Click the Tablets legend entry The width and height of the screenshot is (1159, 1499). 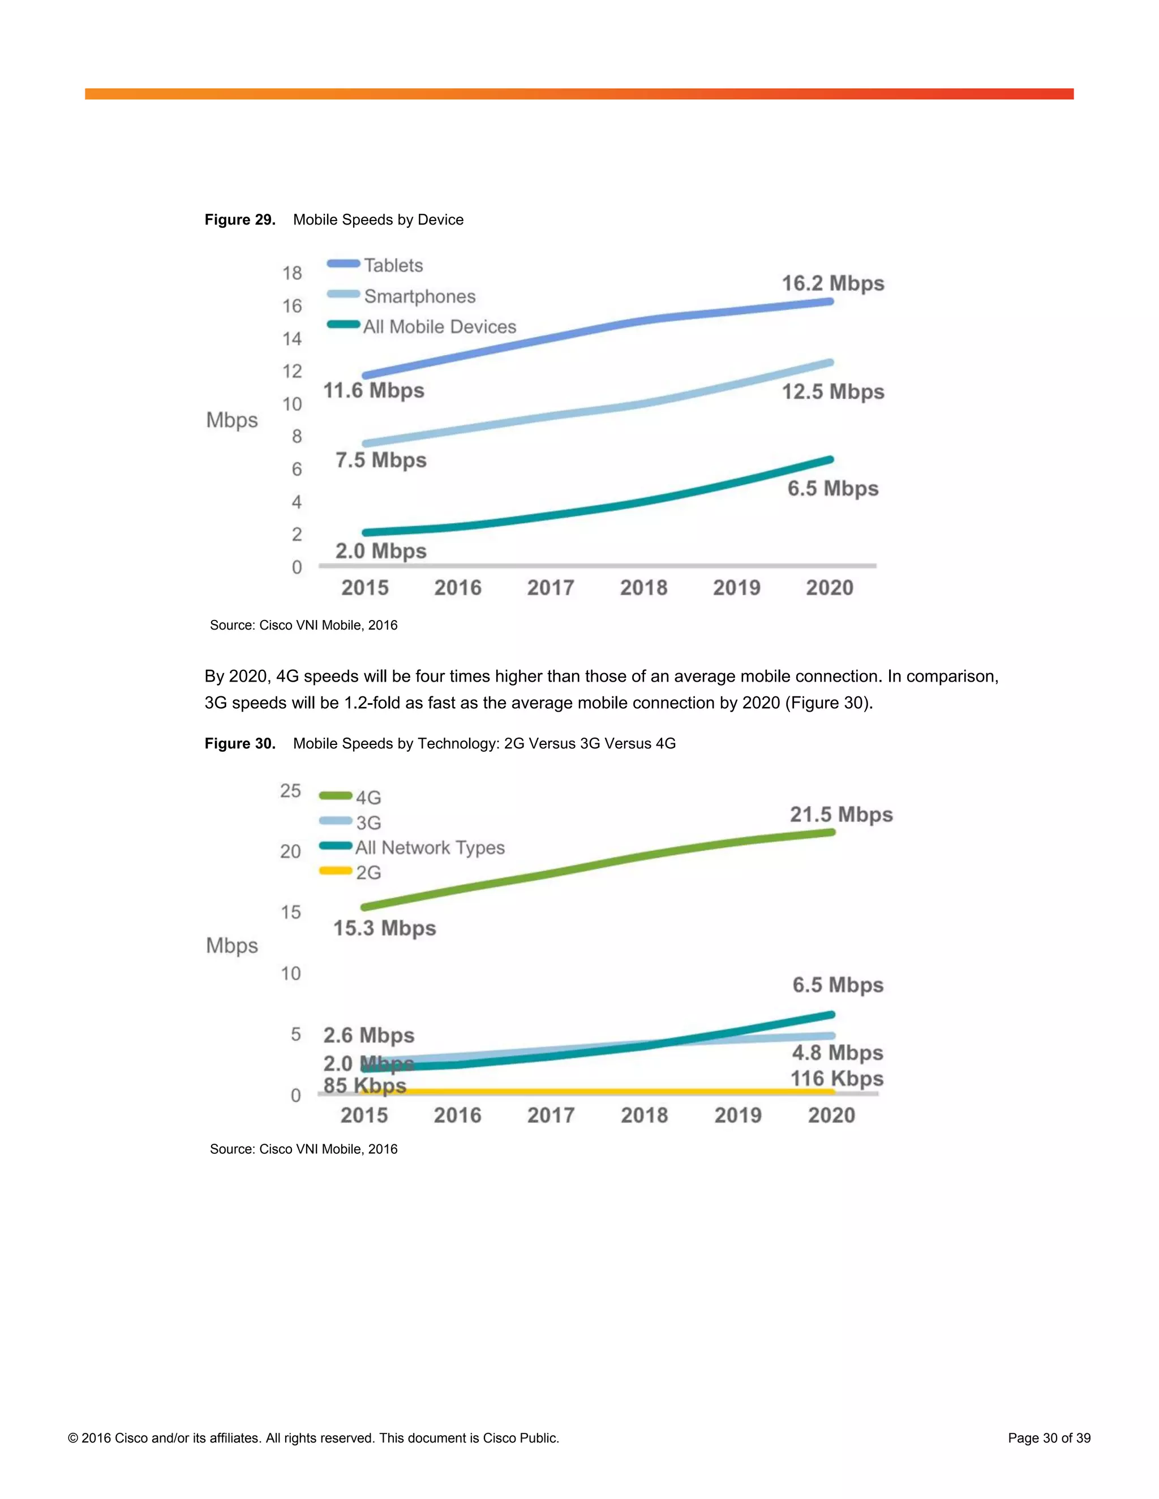click(393, 266)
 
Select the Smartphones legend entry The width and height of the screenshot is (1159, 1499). click(419, 296)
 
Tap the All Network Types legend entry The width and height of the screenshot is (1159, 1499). click(429, 848)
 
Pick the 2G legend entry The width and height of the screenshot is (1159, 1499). click(368, 872)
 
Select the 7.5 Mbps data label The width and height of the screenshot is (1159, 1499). click(380, 460)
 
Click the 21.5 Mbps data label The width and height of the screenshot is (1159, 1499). click(840, 815)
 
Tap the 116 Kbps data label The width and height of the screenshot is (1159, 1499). click(836, 1078)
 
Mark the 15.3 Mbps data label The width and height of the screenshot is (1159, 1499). click(384, 928)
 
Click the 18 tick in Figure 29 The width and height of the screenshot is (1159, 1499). click(292, 273)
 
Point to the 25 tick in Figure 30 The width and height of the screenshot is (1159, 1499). click(290, 791)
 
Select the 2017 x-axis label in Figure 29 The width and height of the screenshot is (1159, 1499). click(550, 588)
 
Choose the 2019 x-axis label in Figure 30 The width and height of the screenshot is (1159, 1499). click(737, 1115)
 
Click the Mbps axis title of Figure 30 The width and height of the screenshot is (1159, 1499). click(232, 945)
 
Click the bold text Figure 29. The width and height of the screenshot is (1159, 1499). click(239, 219)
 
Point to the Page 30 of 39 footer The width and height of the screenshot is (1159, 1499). click(1049, 1438)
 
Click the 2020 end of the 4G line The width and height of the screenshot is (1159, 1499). click(831, 833)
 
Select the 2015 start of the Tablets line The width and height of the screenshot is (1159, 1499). click(365, 376)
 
